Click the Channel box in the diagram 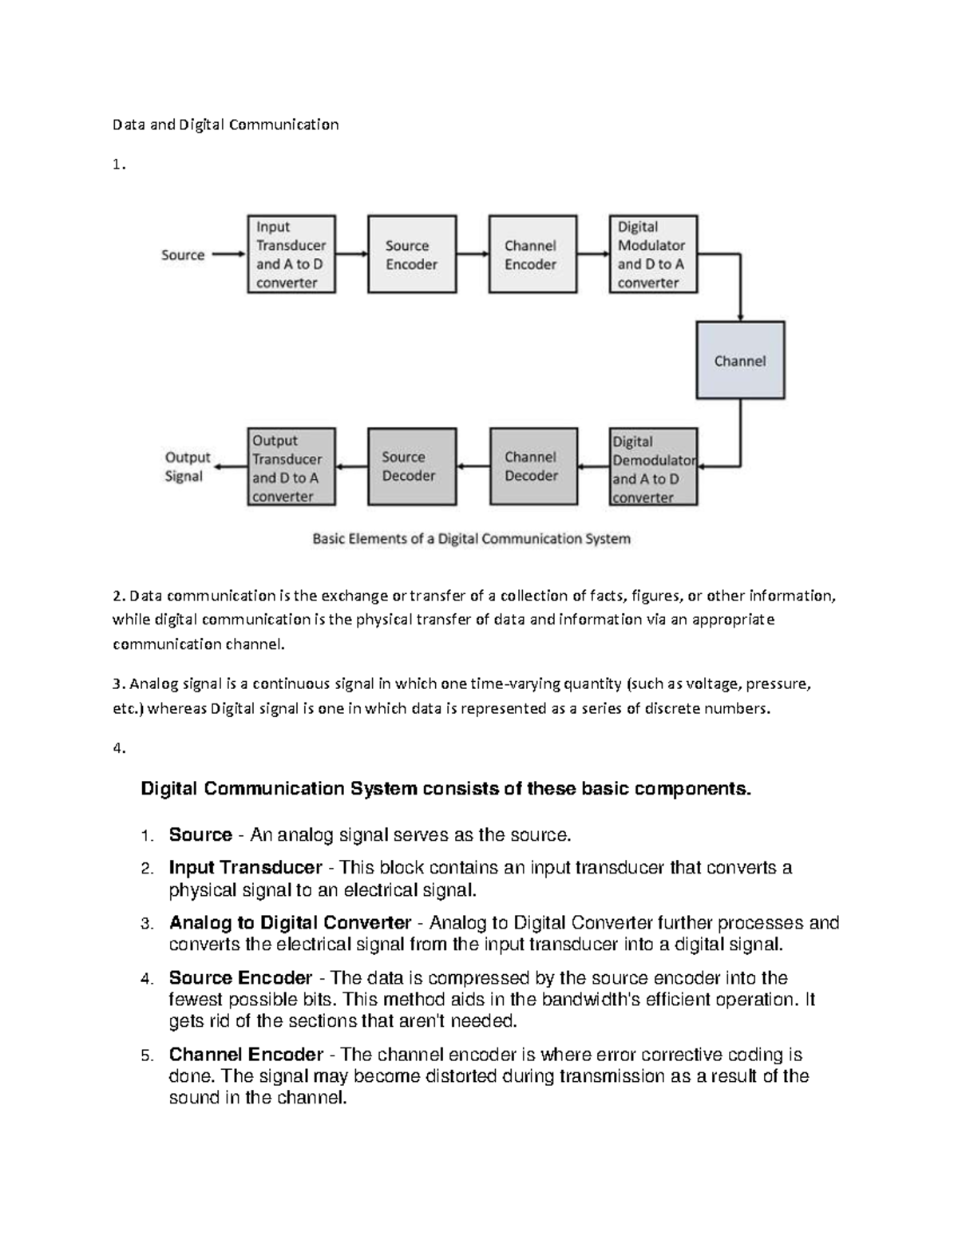[x=740, y=360]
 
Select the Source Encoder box [x=412, y=255]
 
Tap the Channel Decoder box [x=532, y=466]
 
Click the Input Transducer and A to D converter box [x=291, y=255]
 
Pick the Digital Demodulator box [x=653, y=468]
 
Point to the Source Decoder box [x=412, y=466]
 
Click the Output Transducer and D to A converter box [x=291, y=468]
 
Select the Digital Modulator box [x=653, y=255]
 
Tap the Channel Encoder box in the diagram [x=532, y=255]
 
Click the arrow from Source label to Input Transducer [x=229, y=255]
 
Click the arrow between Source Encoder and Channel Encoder [x=473, y=255]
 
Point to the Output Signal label [x=187, y=467]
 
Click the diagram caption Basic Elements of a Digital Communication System [x=471, y=539]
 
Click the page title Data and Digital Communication [x=225, y=125]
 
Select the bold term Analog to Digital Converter [x=290, y=923]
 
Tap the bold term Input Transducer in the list [x=245, y=868]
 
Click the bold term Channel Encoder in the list [x=246, y=1055]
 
